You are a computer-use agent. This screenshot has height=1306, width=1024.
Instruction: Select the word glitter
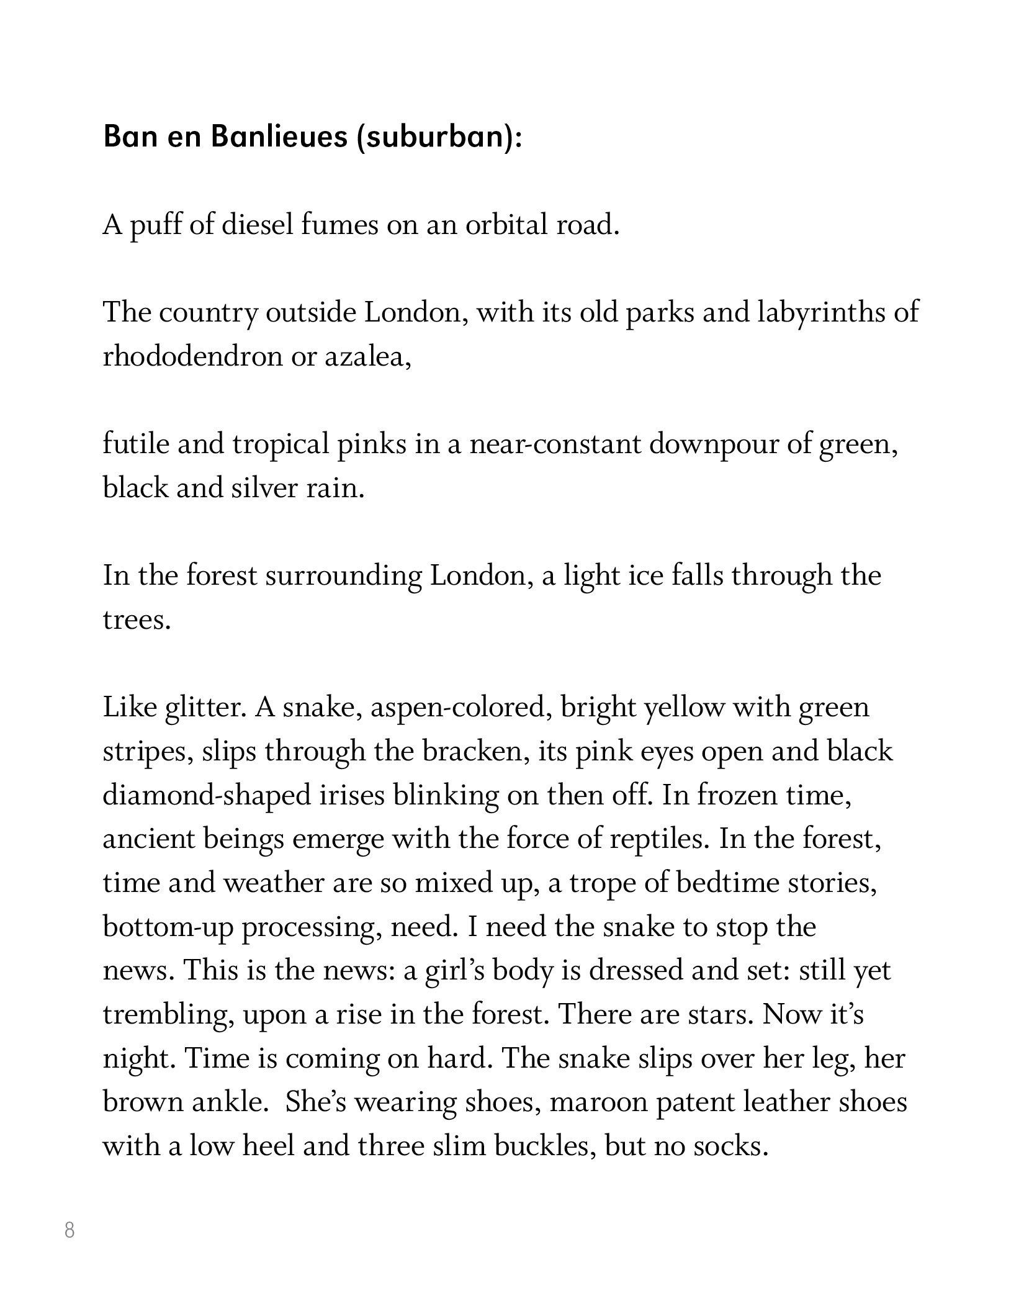pyautogui.click(x=202, y=708)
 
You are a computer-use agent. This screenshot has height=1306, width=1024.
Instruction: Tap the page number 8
pyautogui.click(x=70, y=1230)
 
